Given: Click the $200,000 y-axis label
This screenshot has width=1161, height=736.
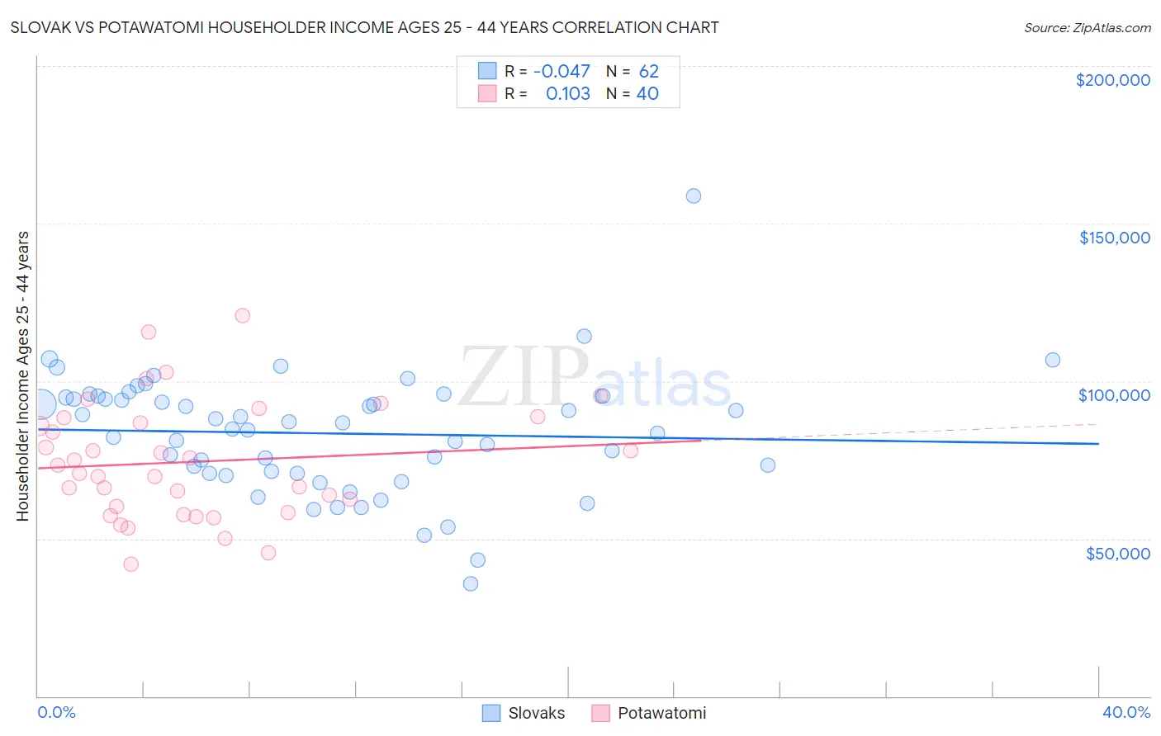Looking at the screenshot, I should pyautogui.click(x=1112, y=80).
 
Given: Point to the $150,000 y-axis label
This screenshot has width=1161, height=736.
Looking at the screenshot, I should pyautogui.click(x=1114, y=238).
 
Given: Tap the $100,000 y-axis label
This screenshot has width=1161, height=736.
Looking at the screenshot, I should pyautogui.click(x=1114, y=395).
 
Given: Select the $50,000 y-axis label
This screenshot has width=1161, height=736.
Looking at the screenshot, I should pyautogui.click(x=1117, y=553).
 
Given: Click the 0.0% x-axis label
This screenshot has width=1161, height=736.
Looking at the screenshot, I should pyautogui.click(x=56, y=712).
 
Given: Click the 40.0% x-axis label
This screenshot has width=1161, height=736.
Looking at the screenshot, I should pyautogui.click(x=1125, y=712).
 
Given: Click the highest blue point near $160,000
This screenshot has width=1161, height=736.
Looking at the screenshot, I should pyautogui.click(x=694, y=196).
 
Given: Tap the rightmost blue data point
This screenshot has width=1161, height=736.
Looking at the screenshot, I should pyautogui.click(x=1053, y=360).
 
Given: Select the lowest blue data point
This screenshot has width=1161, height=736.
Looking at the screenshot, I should pyautogui.click(x=471, y=583).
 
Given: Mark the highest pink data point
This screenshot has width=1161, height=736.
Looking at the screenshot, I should pyautogui.click(x=242, y=315).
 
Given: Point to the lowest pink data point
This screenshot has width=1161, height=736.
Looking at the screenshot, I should pyautogui.click(x=130, y=564).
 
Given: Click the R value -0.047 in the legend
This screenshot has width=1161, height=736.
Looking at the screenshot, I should pyautogui.click(x=562, y=72).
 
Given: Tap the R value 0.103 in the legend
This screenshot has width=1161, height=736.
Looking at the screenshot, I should pyautogui.click(x=568, y=94).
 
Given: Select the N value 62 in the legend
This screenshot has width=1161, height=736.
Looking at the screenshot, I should pyautogui.click(x=648, y=72).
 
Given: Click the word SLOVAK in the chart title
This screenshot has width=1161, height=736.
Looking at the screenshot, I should pyautogui.click(x=40, y=27).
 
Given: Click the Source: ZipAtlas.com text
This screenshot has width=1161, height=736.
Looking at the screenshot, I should pyautogui.click(x=1087, y=28).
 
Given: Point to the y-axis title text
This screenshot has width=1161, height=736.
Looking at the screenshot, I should pyautogui.click(x=22, y=376).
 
